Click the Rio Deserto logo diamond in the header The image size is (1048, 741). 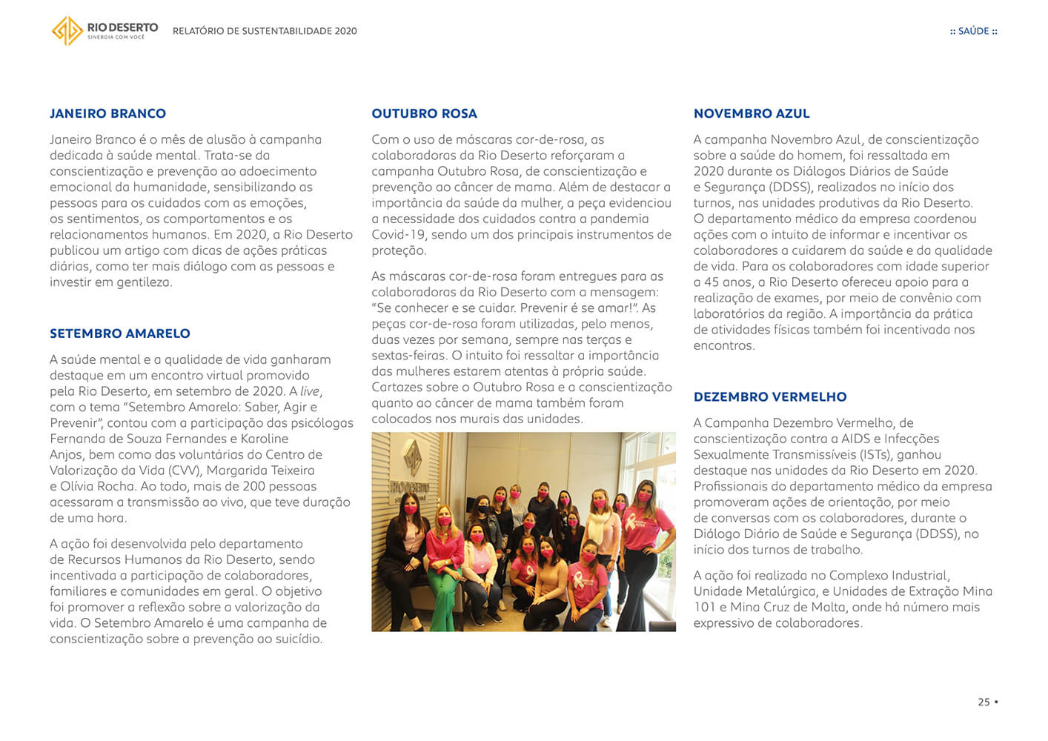67,30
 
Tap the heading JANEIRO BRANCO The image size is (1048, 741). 107,113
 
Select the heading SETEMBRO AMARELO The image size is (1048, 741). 119,333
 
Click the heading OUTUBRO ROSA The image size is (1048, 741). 424,113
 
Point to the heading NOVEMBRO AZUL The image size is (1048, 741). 752,113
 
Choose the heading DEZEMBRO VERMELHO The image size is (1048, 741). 769,396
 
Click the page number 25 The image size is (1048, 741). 984,702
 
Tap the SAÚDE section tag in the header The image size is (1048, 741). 973,31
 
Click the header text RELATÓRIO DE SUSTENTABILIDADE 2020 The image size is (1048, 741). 265,31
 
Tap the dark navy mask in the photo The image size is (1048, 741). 483,511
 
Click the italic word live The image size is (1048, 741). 310,391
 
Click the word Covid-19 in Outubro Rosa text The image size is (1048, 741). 399,235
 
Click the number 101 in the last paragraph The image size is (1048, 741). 705,608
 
